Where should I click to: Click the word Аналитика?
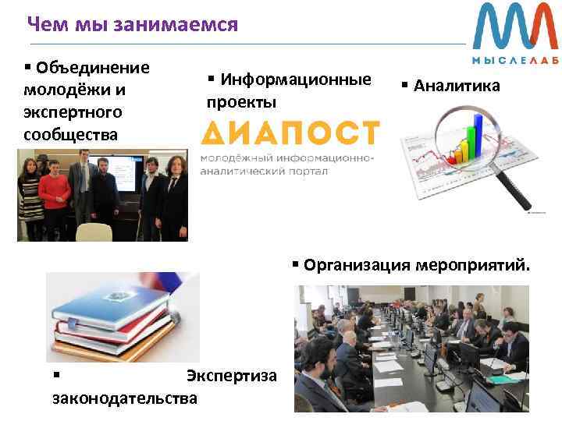(457, 87)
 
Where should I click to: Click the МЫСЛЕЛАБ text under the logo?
(516, 60)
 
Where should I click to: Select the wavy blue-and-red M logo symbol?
(516, 27)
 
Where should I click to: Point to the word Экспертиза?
(232, 376)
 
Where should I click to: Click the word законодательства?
(124, 398)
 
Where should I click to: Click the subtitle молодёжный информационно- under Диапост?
(288, 157)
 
